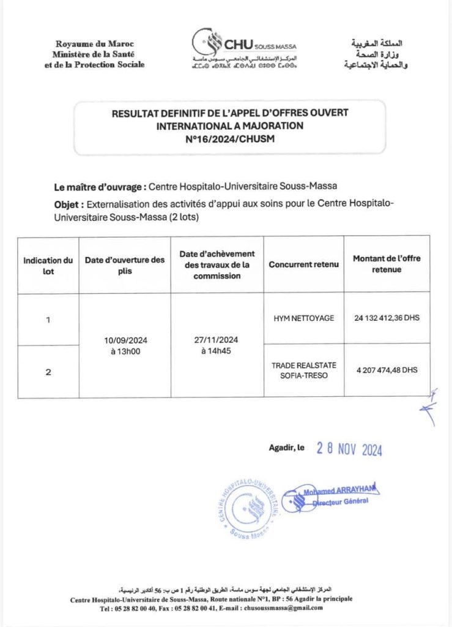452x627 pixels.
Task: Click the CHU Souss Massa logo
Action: [x=245, y=48]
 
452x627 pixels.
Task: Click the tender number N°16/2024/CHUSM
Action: [x=229, y=139]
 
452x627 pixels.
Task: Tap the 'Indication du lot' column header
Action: [x=48, y=265]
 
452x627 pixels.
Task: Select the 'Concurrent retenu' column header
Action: [x=303, y=265]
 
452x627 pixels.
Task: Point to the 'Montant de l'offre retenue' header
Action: [x=387, y=264]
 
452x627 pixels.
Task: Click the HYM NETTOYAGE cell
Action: [x=303, y=318]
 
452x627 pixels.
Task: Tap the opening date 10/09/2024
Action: [x=125, y=341]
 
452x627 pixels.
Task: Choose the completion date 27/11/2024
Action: [x=217, y=341]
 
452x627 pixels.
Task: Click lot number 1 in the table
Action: [x=48, y=320]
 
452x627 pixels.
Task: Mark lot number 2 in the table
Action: [x=48, y=371]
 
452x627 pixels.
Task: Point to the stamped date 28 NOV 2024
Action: [x=349, y=449]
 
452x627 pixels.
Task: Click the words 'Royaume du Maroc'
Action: [x=94, y=44]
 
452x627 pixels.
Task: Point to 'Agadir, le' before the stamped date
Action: [x=287, y=448]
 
